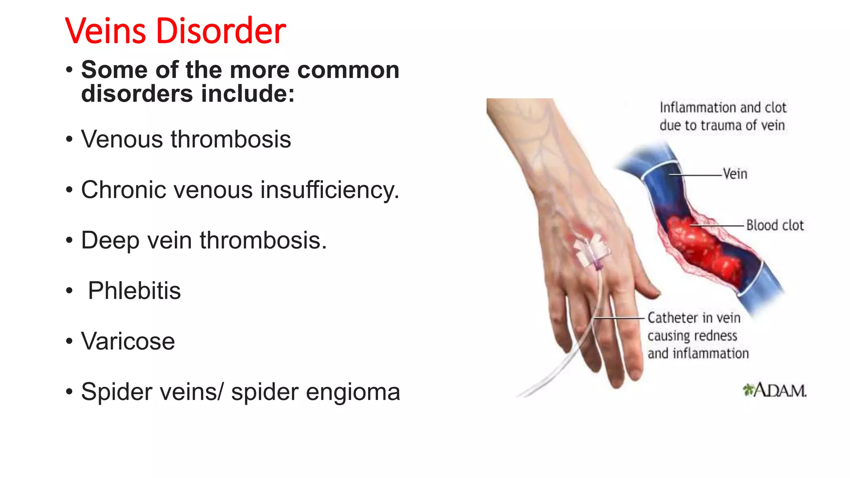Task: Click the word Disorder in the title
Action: click(220, 31)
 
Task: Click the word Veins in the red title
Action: click(105, 31)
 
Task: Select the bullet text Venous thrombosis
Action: click(186, 139)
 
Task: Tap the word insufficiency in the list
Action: click(330, 190)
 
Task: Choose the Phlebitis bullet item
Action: click(134, 290)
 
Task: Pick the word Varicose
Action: click(128, 341)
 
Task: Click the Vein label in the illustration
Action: click(735, 174)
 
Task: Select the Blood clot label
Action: click(775, 225)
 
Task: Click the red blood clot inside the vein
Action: click(701, 249)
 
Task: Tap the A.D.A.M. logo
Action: click(774, 390)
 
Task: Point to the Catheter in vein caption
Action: click(694, 318)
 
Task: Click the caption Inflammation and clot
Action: click(723, 108)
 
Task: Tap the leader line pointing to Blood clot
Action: click(718, 226)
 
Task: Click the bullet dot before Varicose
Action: click(69, 341)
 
